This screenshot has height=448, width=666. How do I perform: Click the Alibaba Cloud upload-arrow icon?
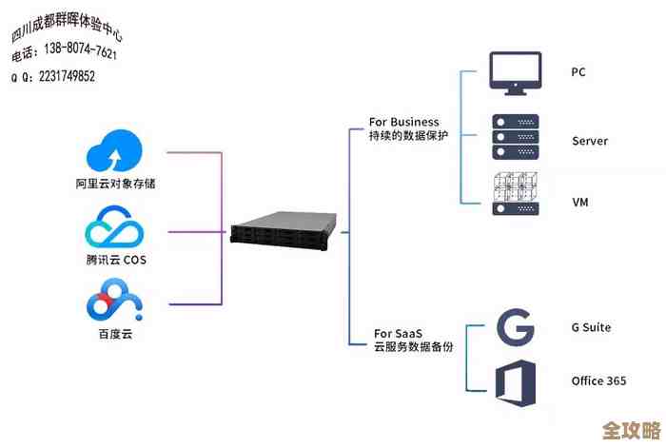(x=114, y=153)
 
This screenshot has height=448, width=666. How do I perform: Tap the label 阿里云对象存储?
(x=115, y=183)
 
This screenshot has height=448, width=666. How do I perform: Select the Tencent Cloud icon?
(x=114, y=229)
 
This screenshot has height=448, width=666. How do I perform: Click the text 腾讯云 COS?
(x=115, y=260)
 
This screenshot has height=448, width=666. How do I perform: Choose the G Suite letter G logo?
(x=515, y=328)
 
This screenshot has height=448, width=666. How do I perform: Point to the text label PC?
(x=578, y=72)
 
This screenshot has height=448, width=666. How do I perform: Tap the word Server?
(x=589, y=141)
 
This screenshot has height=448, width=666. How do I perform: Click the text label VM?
(x=579, y=203)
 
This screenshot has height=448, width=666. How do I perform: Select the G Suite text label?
(x=591, y=327)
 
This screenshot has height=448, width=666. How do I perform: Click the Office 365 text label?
(x=598, y=380)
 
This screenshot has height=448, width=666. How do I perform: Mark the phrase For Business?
(x=404, y=122)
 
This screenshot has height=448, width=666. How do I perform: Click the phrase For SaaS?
(x=397, y=333)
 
